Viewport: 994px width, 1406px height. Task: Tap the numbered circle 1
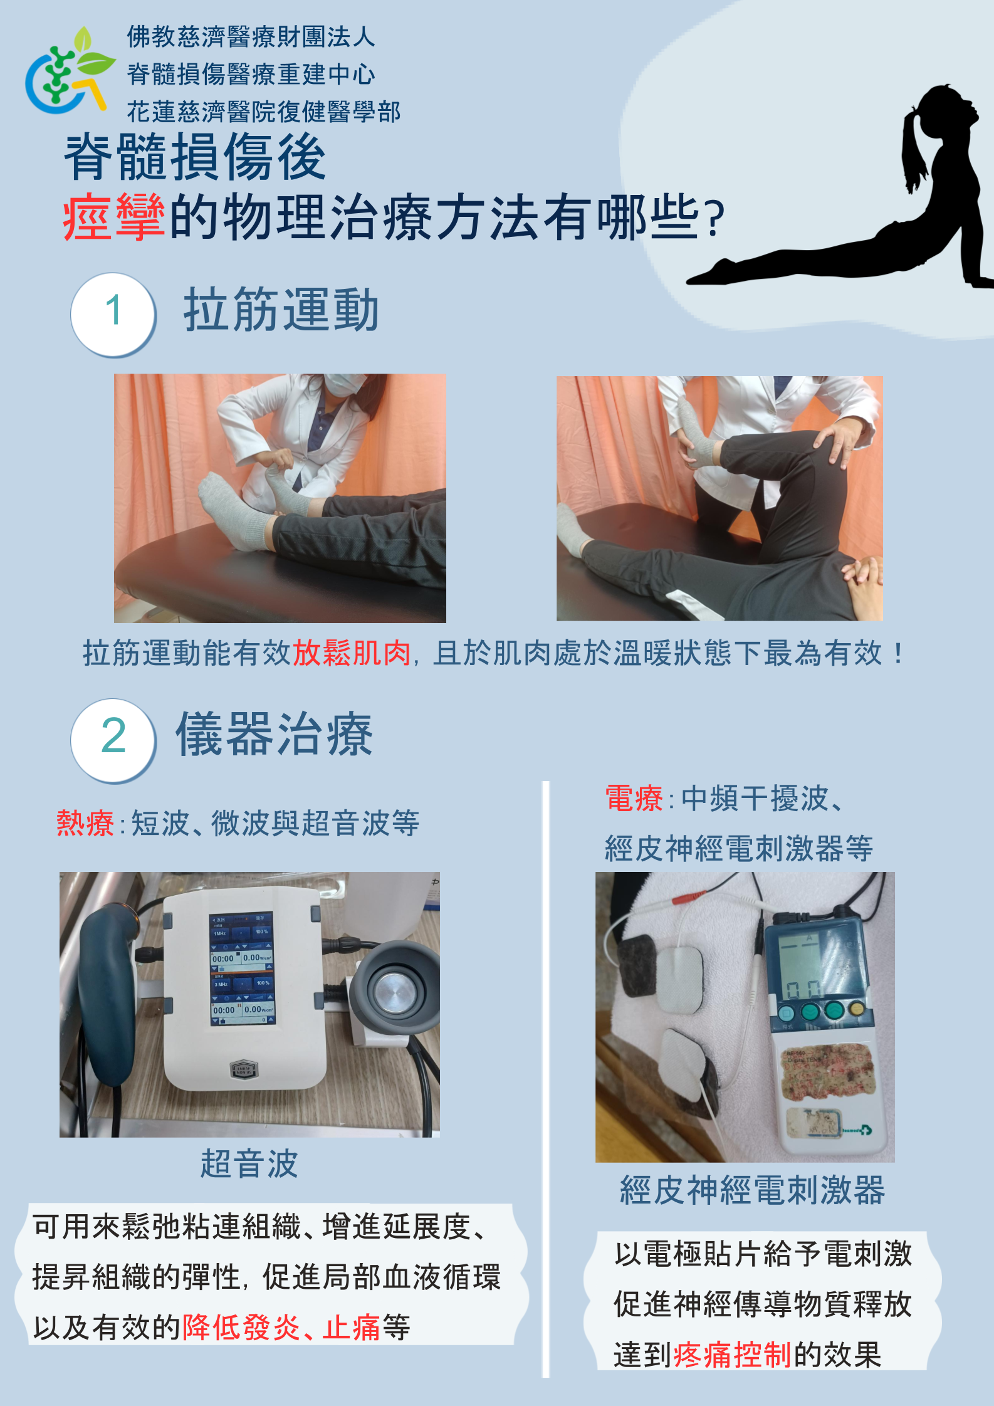(x=113, y=313)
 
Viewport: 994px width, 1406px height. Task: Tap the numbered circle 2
(x=113, y=739)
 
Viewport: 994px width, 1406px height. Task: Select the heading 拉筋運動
(x=281, y=310)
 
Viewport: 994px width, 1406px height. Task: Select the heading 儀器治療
(x=274, y=735)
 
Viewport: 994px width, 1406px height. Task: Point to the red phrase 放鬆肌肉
(x=351, y=654)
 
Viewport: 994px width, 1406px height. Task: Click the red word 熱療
(x=85, y=823)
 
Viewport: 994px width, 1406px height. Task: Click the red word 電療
(x=634, y=799)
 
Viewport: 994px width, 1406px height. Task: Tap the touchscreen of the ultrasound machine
(x=242, y=968)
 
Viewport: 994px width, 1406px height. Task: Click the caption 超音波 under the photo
(x=249, y=1164)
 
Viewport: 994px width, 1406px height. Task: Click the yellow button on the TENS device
(x=856, y=1009)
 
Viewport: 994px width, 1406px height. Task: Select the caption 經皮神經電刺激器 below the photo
(x=751, y=1190)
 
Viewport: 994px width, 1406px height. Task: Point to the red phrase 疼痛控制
(x=732, y=1355)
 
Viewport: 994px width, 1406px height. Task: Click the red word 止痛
(x=351, y=1327)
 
